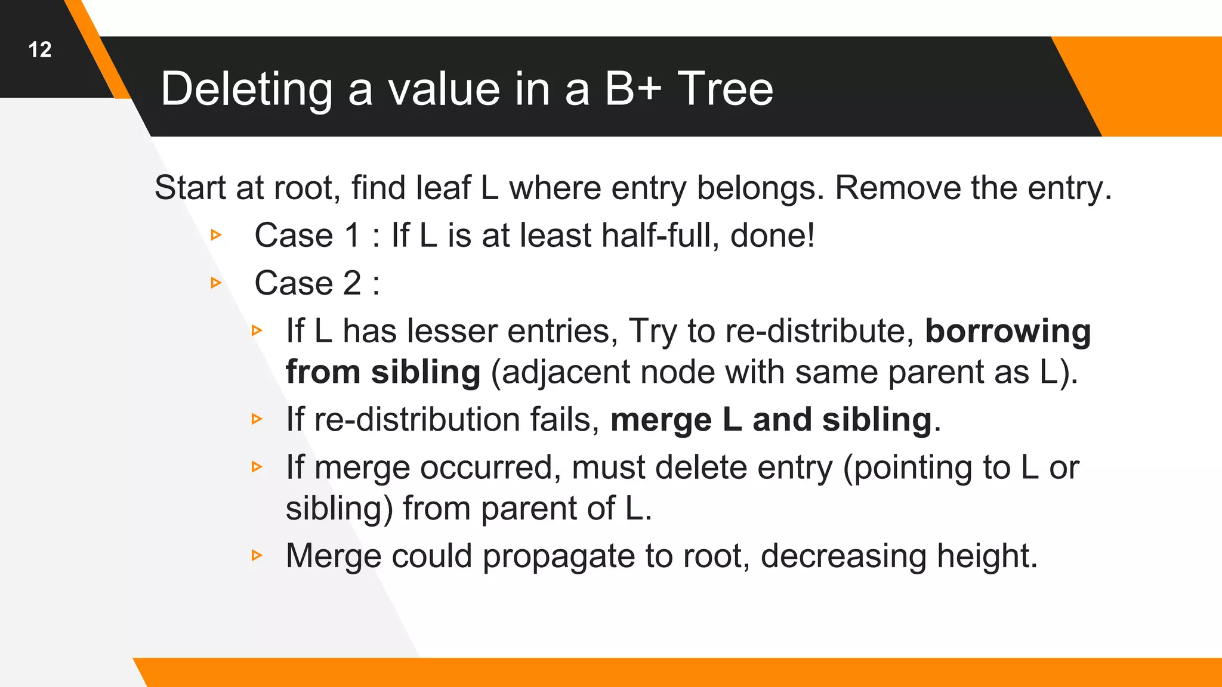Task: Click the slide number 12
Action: click(40, 49)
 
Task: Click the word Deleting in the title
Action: click(246, 89)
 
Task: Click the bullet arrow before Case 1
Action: click(217, 235)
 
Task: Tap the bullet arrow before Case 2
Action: click(217, 283)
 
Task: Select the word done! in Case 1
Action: click(773, 235)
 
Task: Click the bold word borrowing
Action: click(1008, 331)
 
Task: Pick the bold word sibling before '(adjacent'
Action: click(425, 372)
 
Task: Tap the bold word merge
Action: click(661, 420)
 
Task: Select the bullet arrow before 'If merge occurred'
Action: click(257, 467)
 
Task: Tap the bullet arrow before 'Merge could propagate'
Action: click(257, 556)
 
